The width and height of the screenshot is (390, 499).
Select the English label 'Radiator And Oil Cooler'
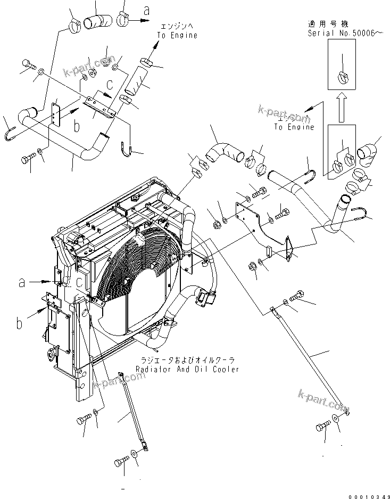[187, 369]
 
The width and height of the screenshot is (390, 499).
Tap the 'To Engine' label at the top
[177, 35]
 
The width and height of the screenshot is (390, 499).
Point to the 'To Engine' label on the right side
[294, 127]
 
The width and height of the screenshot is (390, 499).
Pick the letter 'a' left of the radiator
[22, 283]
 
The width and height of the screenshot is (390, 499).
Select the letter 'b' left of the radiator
[19, 323]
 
